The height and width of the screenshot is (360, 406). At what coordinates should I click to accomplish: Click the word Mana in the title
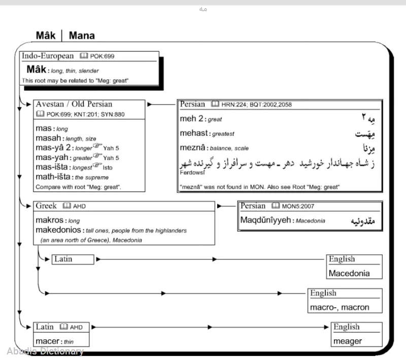[x=82, y=36]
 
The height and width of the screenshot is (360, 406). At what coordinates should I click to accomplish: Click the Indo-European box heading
[x=48, y=56]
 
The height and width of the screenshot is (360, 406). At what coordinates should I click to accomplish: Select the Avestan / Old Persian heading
[x=74, y=105]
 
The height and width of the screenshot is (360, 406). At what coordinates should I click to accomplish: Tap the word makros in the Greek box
[x=50, y=221]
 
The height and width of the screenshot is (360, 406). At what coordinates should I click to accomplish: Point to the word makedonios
[x=56, y=230]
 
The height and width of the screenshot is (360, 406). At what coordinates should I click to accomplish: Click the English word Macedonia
[x=349, y=273]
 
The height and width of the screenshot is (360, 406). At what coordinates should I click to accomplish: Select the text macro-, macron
[x=340, y=307]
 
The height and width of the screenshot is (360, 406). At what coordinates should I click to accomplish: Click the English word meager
[x=348, y=341]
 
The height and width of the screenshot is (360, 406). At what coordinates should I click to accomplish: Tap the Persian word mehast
[x=193, y=134]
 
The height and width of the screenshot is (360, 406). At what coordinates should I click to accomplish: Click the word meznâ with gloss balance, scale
[x=192, y=148]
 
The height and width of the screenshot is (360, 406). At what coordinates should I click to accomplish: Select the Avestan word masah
[x=49, y=138]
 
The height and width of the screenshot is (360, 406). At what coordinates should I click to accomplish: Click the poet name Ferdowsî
[x=191, y=172]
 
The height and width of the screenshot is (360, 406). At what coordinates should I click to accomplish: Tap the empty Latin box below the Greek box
[x=73, y=259]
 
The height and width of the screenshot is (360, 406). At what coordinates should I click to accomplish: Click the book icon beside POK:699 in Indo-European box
[x=84, y=56]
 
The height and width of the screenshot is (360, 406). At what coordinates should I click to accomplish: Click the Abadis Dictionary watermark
[x=45, y=351]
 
